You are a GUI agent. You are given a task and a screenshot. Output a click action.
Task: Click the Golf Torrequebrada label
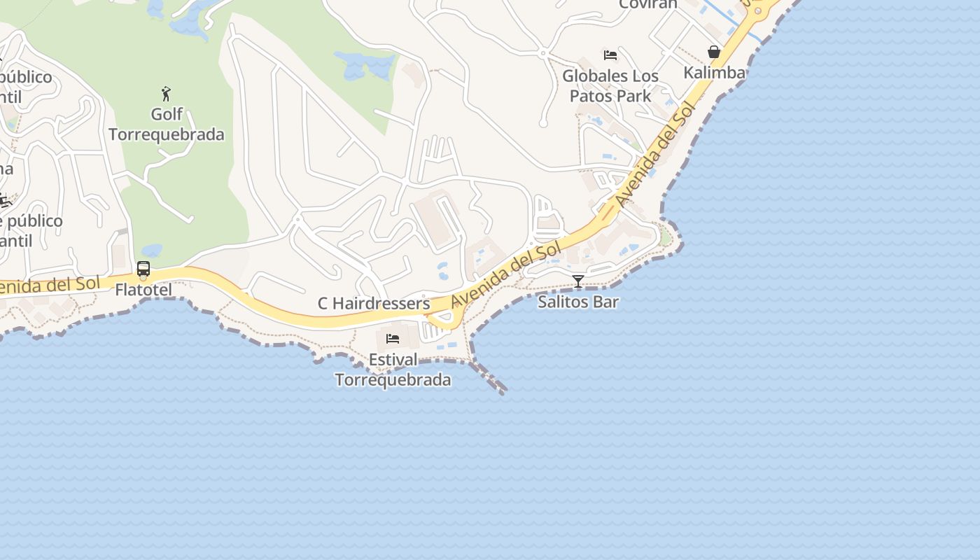(x=167, y=124)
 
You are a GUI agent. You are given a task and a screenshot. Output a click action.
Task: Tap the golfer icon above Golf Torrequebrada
(x=166, y=94)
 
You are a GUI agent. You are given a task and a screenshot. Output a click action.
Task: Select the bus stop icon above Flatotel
(x=143, y=269)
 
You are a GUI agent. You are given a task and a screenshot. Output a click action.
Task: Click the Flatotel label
(x=143, y=290)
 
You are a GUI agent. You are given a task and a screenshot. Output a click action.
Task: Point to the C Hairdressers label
(x=374, y=303)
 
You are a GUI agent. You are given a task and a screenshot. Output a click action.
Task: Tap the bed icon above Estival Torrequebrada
(x=393, y=339)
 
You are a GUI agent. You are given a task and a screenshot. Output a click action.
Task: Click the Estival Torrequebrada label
(x=393, y=370)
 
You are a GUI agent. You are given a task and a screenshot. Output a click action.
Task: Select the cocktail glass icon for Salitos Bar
(x=578, y=282)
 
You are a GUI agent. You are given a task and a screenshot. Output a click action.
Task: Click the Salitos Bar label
(x=578, y=302)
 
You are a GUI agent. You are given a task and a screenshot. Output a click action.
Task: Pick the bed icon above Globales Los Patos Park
(x=610, y=55)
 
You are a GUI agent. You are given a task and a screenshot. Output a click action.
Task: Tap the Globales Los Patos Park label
(x=610, y=85)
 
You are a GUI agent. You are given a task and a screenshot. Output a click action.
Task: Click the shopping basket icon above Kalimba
(x=714, y=52)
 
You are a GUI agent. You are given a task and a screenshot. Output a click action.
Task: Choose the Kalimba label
(x=714, y=72)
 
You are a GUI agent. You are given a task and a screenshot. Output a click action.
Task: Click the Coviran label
(x=648, y=4)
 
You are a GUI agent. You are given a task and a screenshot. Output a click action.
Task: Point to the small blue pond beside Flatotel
(x=152, y=250)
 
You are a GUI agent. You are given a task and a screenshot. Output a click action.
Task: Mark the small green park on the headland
(x=666, y=237)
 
